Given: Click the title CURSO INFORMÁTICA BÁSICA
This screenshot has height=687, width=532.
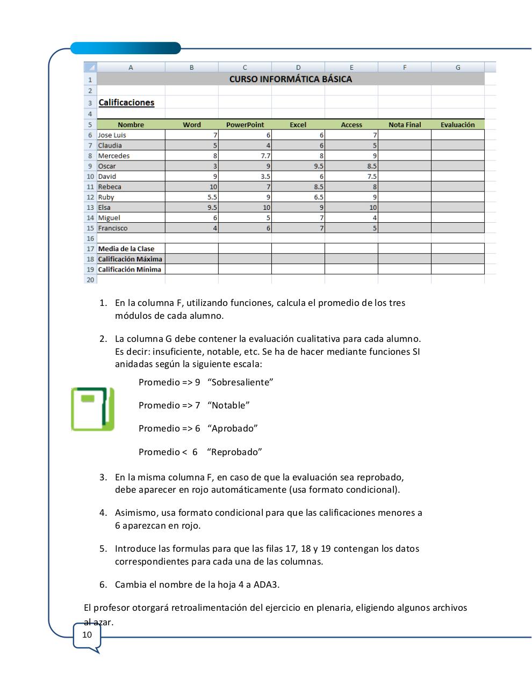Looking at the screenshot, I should tap(290, 79).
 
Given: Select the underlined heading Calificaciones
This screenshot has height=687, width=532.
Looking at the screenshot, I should tap(126, 103).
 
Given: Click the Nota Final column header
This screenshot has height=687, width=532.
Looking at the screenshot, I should tap(404, 125).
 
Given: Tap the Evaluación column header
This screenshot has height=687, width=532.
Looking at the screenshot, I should tap(457, 125).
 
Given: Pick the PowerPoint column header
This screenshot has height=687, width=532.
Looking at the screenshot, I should tap(245, 125).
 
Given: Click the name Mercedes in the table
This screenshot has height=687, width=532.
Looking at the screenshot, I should tap(114, 156).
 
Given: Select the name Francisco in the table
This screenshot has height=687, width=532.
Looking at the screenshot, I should tap(113, 228).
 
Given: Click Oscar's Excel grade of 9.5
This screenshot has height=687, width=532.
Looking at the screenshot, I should tap(318, 166).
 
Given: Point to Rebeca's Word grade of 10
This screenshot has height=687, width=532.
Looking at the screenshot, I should tap(213, 187).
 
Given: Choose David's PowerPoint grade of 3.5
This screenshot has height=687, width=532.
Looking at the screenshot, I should tap(265, 177).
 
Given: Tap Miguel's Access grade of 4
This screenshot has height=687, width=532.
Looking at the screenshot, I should tap(375, 218).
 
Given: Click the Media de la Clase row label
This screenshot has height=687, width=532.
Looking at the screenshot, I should tap(126, 249).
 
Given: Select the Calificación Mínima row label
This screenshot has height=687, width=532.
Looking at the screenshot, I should tap(130, 269).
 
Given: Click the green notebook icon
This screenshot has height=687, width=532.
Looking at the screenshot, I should tap(92, 409).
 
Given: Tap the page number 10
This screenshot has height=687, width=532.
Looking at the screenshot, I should tap(87, 635).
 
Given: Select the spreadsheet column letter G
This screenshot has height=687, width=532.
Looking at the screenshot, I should tap(458, 67).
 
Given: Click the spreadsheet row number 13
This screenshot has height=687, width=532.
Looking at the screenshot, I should tap(90, 208).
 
